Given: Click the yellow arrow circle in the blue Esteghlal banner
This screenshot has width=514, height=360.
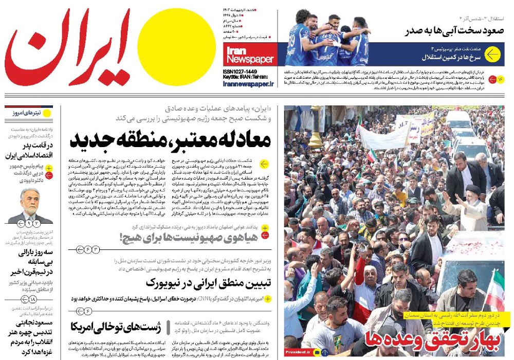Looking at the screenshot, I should (493, 55).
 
